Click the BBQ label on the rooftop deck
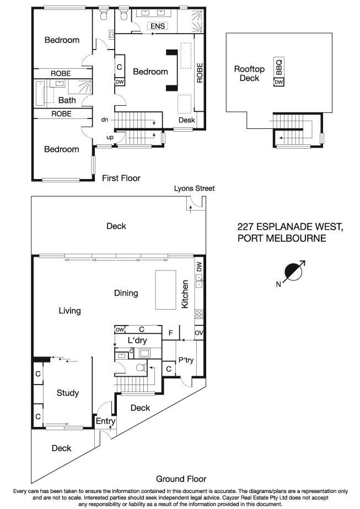click(279, 67)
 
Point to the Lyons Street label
click(194, 188)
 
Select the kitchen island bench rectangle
click(165, 290)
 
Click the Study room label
click(68, 393)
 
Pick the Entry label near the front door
click(105, 421)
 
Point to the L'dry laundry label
click(137, 341)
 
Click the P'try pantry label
click(184, 361)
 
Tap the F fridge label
click(171, 333)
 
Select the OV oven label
click(198, 333)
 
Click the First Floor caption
click(121, 178)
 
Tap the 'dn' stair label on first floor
click(105, 119)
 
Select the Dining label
click(126, 293)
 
